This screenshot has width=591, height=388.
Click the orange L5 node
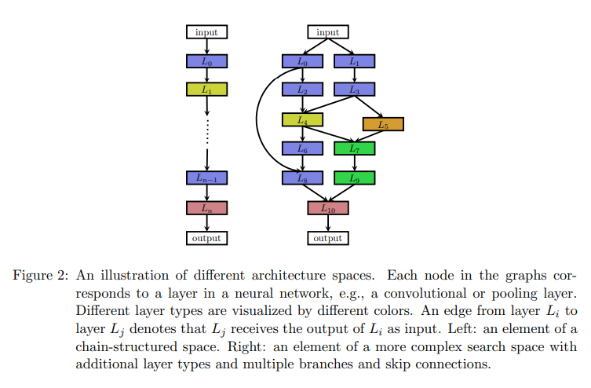click(383, 124)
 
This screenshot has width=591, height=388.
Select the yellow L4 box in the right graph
click(302, 120)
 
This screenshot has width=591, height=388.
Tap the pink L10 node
click(327, 208)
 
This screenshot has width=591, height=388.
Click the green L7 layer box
click(354, 148)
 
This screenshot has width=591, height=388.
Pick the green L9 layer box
click(354, 178)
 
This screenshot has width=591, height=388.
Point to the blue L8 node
click(302, 178)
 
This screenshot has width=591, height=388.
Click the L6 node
click(302, 148)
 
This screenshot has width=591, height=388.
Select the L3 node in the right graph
click(354, 90)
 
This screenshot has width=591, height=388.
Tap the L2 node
click(302, 90)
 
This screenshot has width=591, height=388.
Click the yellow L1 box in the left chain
click(206, 90)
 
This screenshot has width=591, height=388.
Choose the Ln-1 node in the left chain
click(206, 178)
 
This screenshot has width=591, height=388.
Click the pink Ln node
click(206, 208)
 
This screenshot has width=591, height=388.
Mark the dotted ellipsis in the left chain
click(206, 130)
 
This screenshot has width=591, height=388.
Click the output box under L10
click(327, 237)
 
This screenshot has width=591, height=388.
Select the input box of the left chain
click(206, 32)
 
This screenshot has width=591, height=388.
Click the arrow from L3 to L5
click(369, 106)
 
